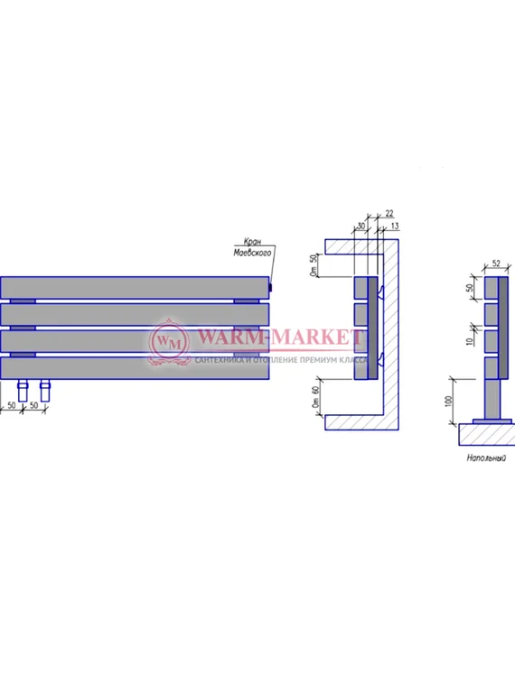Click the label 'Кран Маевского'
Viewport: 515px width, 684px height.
[254, 250]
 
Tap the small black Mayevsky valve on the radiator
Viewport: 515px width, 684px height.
[271, 288]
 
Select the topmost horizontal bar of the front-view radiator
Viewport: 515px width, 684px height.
[135, 287]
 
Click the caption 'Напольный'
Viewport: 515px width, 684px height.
[485, 458]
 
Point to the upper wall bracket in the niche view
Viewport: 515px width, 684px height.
[381, 290]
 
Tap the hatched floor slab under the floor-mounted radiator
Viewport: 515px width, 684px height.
[488, 435]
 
